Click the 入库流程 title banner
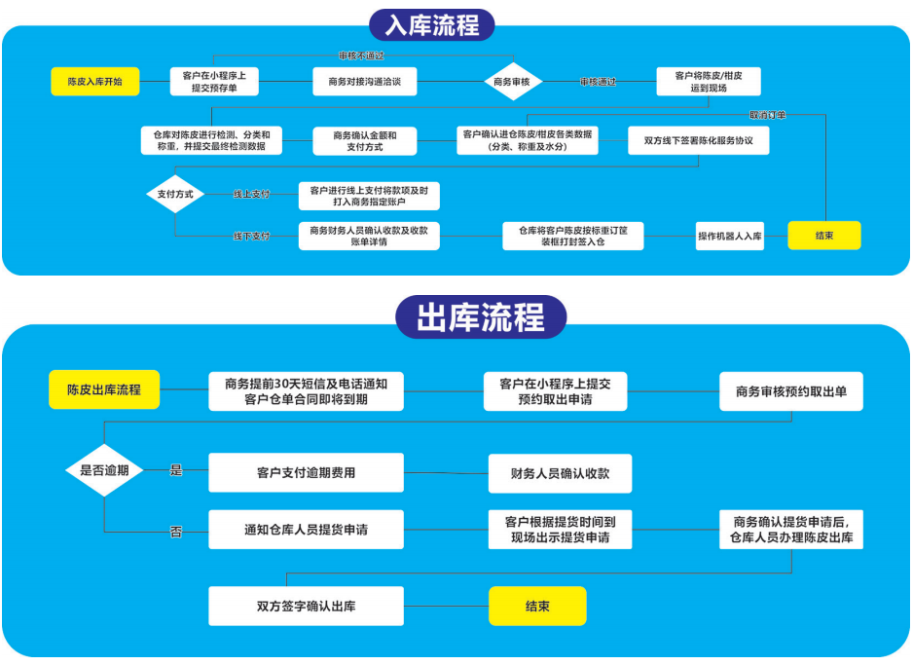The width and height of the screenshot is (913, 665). (x=432, y=24)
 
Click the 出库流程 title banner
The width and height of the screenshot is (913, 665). (x=480, y=317)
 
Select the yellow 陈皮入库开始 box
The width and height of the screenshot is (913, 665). (x=94, y=82)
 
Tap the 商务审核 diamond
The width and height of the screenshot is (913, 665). (x=512, y=82)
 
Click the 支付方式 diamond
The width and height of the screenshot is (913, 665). (x=175, y=194)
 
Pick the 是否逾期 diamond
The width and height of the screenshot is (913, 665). (x=104, y=470)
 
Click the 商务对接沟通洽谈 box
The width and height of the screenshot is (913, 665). (x=364, y=82)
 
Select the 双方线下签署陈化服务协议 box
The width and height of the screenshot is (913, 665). (x=699, y=141)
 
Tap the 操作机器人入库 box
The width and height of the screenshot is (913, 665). (x=730, y=236)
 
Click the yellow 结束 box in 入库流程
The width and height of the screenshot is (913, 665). (x=823, y=236)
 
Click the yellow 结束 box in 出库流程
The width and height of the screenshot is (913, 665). (x=537, y=606)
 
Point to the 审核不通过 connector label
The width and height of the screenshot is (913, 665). (x=361, y=55)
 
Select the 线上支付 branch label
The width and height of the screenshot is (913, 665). (x=251, y=194)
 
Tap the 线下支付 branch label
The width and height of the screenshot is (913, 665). (x=251, y=237)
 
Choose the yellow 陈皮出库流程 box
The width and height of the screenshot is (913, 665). (x=104, y=389)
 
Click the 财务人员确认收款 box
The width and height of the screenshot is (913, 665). (x=560, y=473)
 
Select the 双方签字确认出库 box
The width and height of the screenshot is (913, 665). (x=306, y=606)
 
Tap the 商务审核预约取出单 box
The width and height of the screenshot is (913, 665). (x=790, y=390)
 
